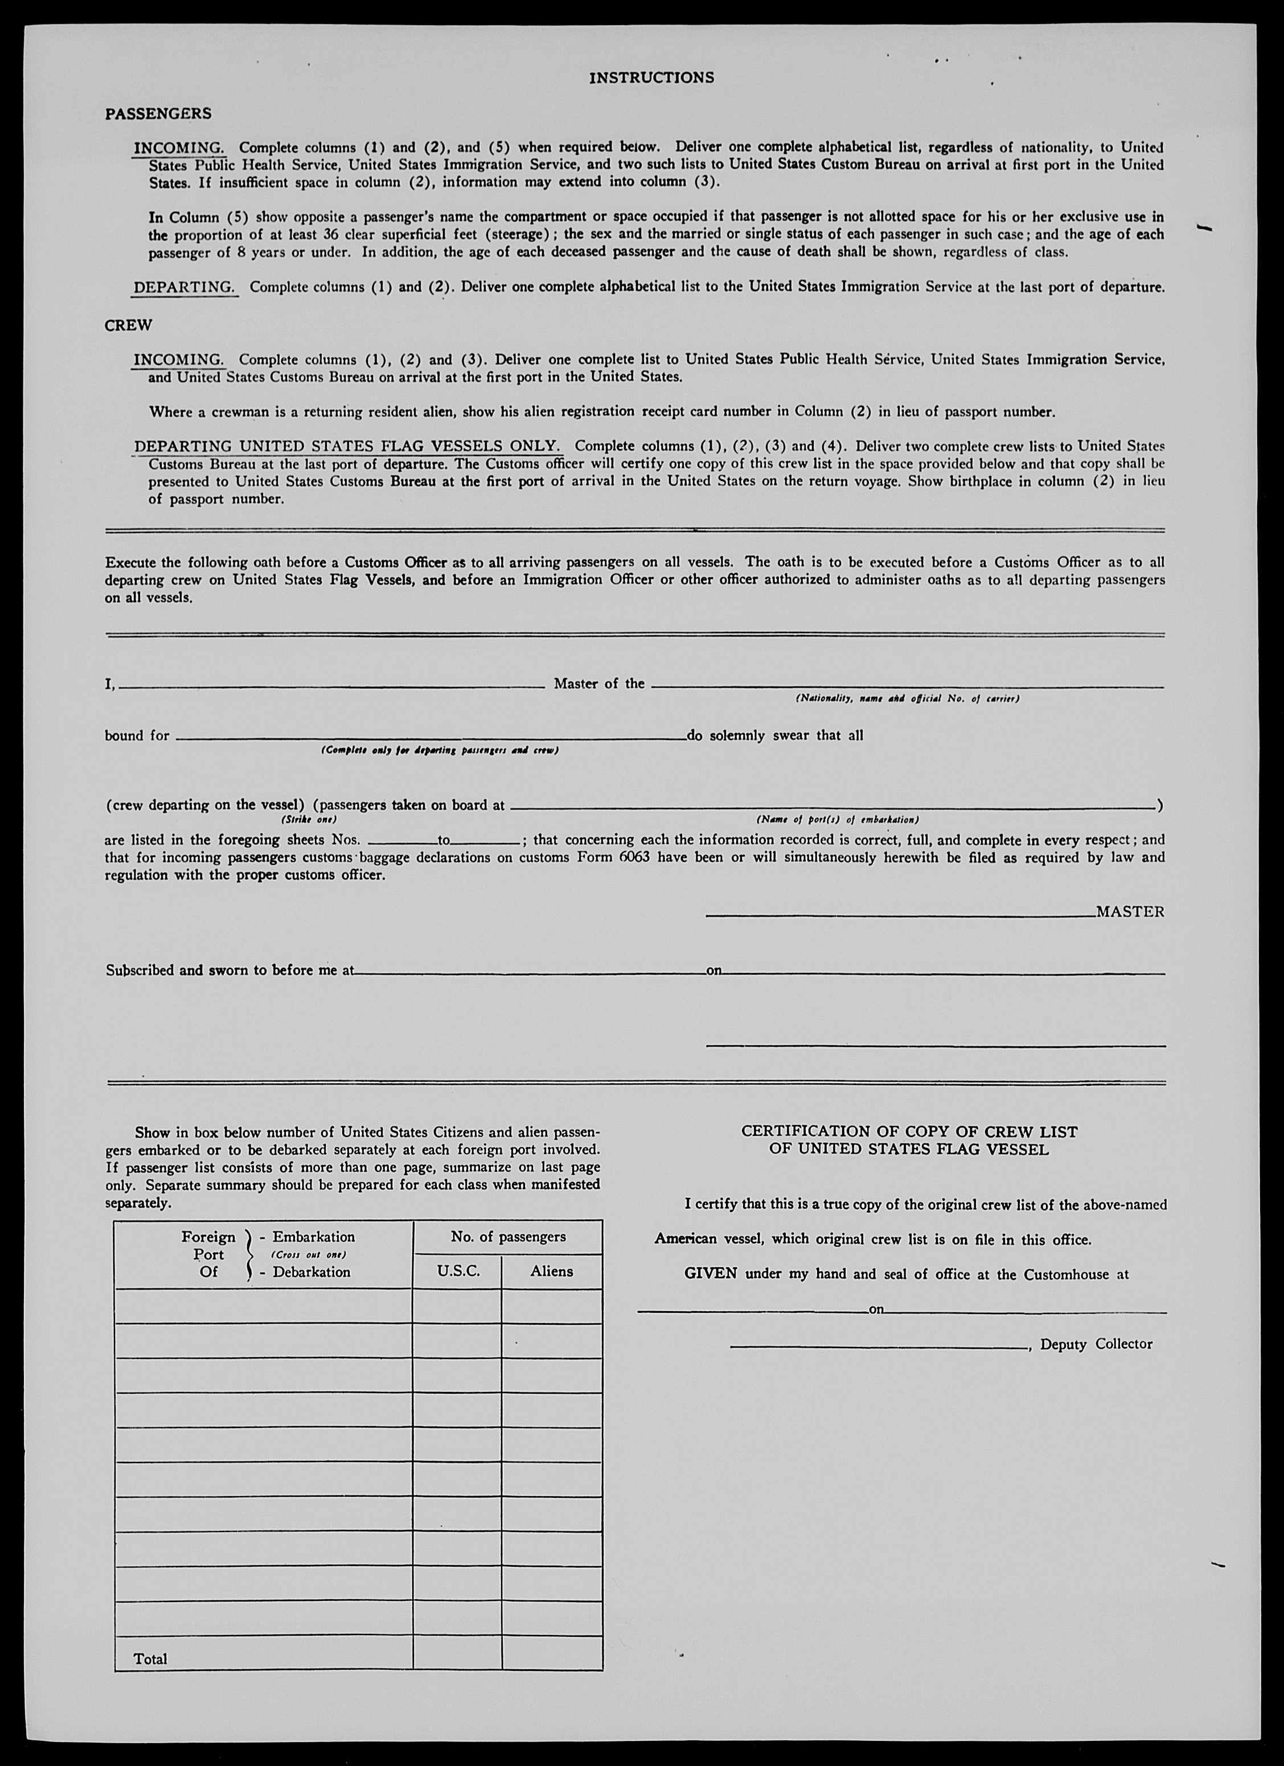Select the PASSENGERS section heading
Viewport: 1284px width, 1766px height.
coord(158,114)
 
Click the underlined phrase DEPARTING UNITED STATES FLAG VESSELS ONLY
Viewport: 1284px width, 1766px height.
coord(347,447)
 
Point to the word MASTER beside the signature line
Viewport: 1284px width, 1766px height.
coord(1130,912)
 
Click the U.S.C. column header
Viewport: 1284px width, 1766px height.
coord(458,1271)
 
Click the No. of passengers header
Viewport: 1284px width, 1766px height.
coord(508,1237)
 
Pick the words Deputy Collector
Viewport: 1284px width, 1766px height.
coord(1096,1344)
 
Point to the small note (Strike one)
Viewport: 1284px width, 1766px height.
coord(309,820)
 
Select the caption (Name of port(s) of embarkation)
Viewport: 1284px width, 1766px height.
coord(837,820)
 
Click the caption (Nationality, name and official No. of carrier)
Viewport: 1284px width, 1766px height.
coord(907,699)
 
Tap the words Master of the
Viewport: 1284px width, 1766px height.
coord(599,684)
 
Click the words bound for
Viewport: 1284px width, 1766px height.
coord(137,736)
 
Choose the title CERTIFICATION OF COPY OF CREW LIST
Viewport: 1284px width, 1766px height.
coord(909,1131)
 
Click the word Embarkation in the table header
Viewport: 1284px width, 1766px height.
coord(313,1237)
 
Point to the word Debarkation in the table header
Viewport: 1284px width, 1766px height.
coord(311,1272)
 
